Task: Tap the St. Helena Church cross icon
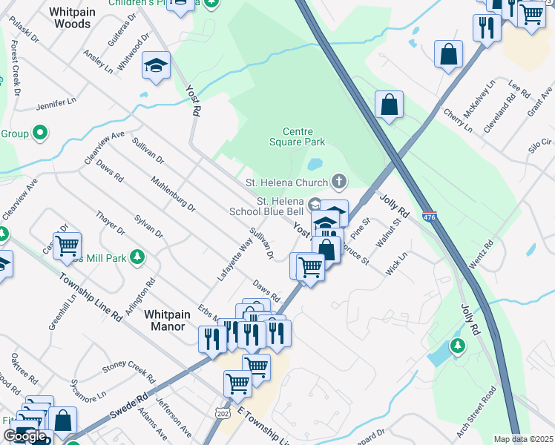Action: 339,181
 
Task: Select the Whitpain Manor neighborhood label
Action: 167,320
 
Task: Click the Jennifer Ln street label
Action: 56,101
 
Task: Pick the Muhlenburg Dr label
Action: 172,195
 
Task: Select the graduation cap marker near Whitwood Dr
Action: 157,65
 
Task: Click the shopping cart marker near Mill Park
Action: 67,244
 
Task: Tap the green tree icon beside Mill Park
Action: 137,257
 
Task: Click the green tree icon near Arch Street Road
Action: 458,345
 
